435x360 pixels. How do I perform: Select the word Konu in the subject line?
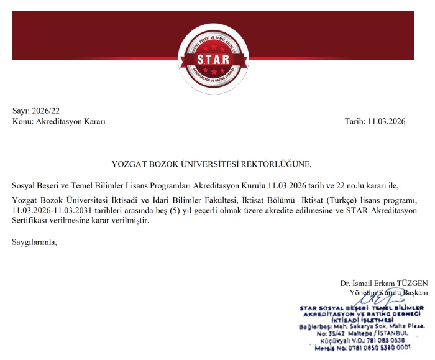click(23, 122)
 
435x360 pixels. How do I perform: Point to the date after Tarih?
click(387, 122)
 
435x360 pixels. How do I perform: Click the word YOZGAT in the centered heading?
click(129, 164)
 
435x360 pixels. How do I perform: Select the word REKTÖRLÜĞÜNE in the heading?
click(275, 164)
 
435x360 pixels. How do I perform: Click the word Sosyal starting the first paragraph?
click(24, 185)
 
